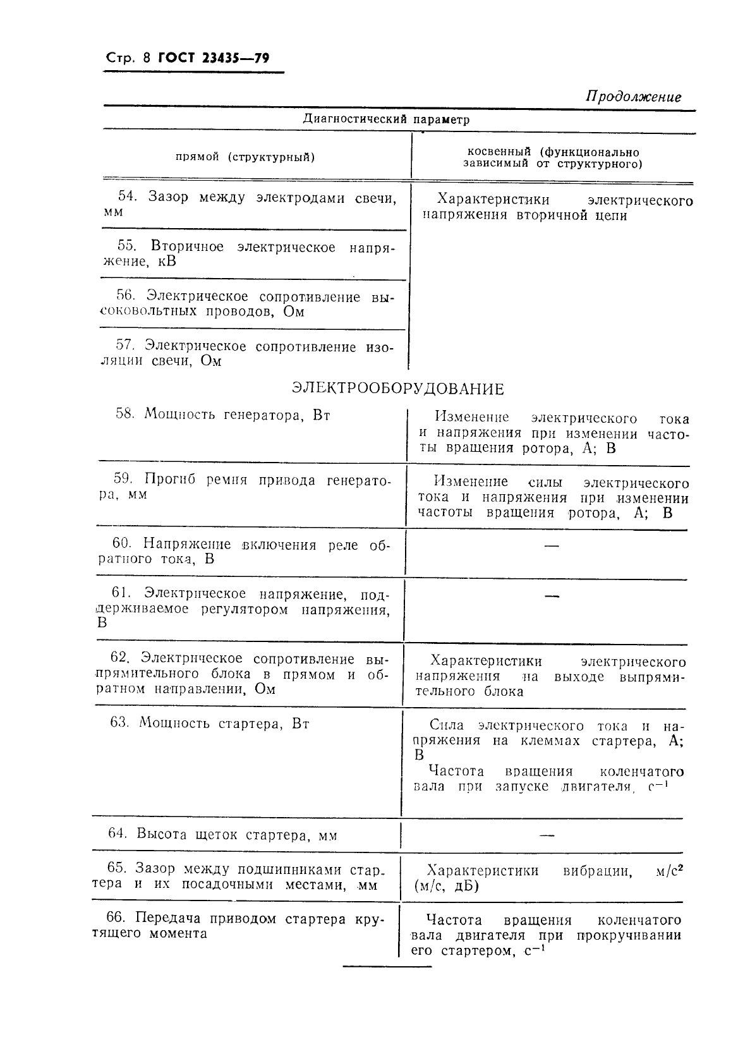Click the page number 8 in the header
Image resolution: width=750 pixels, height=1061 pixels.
click(x=147, y=59)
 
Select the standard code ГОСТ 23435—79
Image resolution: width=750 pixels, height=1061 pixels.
click(x=214, y=59)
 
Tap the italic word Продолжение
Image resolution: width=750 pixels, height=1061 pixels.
click(x=633, y=97)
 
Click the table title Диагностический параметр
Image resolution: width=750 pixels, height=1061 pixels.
click(x=386, y=119)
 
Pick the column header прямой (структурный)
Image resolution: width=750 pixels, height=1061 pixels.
click(x=245, y=157)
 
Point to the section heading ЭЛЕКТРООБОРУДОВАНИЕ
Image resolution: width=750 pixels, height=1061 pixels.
click(x=398, y=389)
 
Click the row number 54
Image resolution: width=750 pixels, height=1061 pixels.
click(x=127, y=197)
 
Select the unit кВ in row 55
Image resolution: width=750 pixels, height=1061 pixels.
click(x=167, y=262)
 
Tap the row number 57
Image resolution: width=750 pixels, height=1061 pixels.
click(x=126, y=346)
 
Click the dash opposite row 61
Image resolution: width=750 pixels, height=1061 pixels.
click(x=552, y=595)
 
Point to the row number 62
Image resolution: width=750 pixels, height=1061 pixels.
click(x=120, y=658)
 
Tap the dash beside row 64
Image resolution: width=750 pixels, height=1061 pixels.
click(x=547, y=835)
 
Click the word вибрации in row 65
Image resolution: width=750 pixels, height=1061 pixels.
click(x=597, y=871)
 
